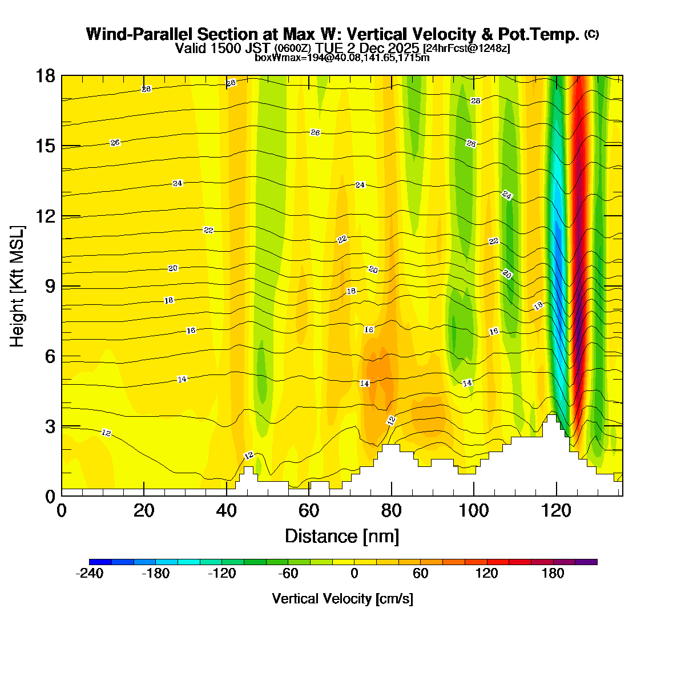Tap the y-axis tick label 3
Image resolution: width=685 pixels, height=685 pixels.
[51, 426]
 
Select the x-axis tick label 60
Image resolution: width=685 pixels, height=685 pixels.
[309, 510]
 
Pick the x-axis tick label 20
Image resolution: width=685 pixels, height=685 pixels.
[144, 510]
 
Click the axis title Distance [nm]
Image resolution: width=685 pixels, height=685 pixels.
[342, 537]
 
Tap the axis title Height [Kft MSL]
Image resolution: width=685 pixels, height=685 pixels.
[18, 287]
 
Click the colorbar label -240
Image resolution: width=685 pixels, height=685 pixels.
[90, 574]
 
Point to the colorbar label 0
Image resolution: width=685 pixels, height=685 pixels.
[354, 574]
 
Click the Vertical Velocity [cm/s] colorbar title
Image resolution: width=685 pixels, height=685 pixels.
[342, 599]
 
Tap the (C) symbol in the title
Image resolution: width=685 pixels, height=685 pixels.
[591, 34]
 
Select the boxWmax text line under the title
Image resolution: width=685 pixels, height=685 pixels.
[342, 57]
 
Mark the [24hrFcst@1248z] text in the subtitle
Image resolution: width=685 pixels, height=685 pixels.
[466, 48]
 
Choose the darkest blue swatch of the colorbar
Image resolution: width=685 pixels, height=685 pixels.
[100, 562]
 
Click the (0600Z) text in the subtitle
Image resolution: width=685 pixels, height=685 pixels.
[293, 49]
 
